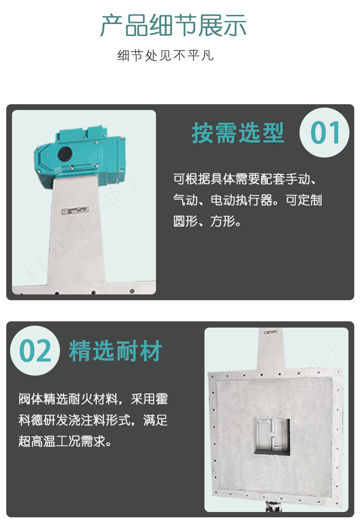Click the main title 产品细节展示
(x=173, y=25)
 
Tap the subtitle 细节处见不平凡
(x=166, y=56)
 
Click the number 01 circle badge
(x=324, y=133)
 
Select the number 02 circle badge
(x=35, y=351)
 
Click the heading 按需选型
(x=238, y=133)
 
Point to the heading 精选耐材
(x=115, y=351)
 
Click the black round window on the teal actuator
(x=65, y=154)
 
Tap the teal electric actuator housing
(x=80, y=154)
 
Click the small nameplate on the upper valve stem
(x=75, y=210)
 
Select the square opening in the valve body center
(x=271, y=436)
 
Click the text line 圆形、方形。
(x=207, y=221)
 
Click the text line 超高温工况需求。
(x=65, y=441)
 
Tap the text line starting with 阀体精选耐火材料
(x=93, y=399)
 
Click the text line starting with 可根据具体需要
(x=245, y=179)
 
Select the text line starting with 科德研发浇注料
(x=93, y=420)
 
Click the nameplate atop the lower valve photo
(x=270, y=332)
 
